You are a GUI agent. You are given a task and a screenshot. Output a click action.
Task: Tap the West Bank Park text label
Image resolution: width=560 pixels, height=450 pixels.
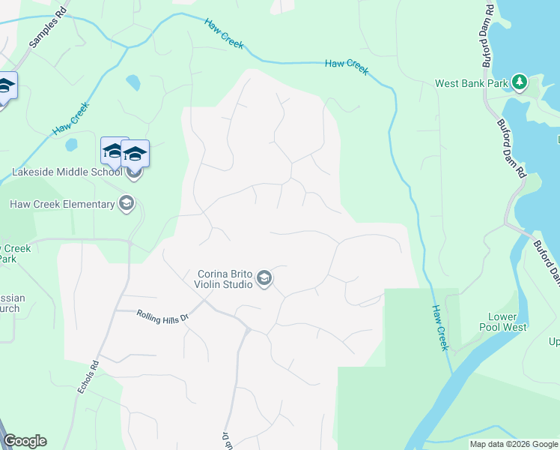click(x=472, y=83)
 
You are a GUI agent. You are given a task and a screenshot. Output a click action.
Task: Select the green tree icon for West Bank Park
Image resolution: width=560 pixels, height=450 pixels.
click(x=518, y=82)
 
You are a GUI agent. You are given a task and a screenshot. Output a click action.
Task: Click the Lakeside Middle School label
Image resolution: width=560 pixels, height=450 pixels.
click(x=67, y=172)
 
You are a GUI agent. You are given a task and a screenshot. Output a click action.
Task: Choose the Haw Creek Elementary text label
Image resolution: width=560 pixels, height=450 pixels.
click(x=62, y=204)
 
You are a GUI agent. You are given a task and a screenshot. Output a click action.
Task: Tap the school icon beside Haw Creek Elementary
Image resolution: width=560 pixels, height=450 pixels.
click(x=127, y=204)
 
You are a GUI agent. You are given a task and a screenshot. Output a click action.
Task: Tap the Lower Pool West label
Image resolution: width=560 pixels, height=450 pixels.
click(x=502, y=322)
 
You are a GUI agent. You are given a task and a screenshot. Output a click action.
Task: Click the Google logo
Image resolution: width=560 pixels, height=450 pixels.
click(x=25, y=441)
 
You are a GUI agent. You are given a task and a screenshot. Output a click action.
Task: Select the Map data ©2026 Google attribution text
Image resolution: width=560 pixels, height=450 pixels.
click(x=514, y=444)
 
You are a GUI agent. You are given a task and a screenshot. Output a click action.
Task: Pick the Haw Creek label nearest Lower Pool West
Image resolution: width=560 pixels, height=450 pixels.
click(x=439, y=327)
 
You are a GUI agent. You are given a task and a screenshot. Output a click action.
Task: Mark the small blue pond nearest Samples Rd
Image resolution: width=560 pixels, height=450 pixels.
click(x=133, y=81)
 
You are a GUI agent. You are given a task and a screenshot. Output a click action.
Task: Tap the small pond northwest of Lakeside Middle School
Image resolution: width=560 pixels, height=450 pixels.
click(x=71, y=144)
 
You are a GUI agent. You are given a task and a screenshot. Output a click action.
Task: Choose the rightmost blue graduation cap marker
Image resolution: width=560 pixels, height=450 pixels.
click(x=136, y=154)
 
